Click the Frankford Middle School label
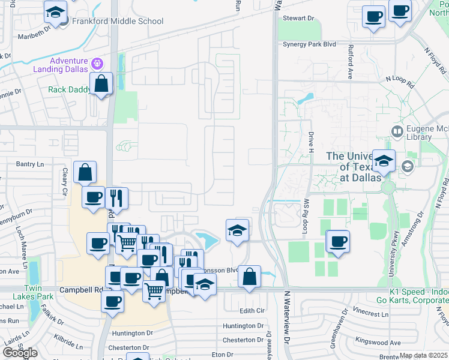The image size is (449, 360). pos(118,22)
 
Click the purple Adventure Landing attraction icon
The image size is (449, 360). pos(97,62)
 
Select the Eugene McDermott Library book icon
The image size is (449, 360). pos(397,131)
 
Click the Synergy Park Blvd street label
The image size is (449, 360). pos(309,44)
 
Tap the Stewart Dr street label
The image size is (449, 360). pos(298,19)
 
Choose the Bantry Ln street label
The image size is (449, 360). pos(30,164)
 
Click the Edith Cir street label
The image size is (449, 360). pos(252,310)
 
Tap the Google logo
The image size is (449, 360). pos(20,353)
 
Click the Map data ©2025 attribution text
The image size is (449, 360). pos(424,355)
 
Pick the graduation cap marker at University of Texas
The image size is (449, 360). pos(384,161)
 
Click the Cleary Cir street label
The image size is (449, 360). pos(65,181)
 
